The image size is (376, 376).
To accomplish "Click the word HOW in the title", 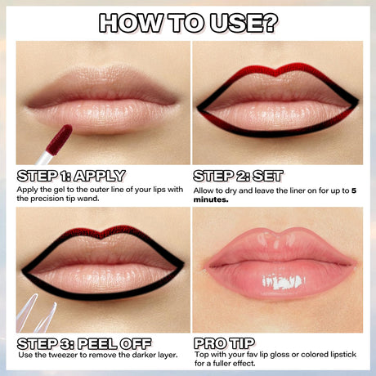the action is (131, 23).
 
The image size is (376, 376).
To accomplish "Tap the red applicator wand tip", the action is (59, 140).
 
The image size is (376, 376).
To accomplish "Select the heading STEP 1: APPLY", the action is (71, 176).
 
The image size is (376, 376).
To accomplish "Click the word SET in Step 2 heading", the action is (268, 176).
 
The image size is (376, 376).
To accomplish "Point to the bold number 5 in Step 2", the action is (354, 190).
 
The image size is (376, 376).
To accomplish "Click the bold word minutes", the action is (211, 199).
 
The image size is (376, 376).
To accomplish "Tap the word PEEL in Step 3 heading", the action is (97, 344).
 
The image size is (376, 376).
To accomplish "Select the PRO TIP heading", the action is (224, 343).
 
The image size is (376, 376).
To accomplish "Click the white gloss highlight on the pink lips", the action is (283, 282).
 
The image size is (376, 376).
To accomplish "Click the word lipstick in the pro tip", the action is (343, 355).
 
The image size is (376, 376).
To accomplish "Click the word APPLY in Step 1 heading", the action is (100, 176).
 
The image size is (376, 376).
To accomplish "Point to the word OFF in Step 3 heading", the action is (136, 344).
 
